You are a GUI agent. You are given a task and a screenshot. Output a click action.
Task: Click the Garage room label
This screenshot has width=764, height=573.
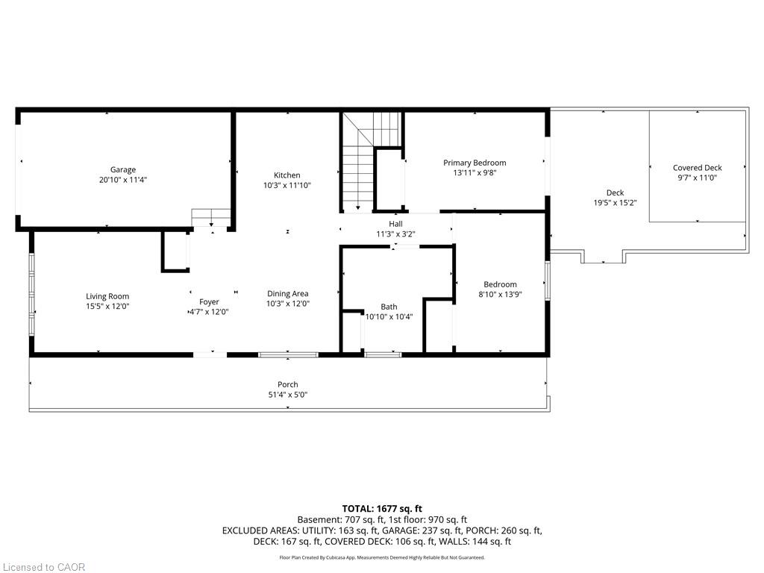(x=123, y=169)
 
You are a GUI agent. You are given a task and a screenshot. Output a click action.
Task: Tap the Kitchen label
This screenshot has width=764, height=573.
(x=287, y=175)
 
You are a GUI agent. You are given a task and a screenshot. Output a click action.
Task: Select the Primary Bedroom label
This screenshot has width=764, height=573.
(x=475, y=163)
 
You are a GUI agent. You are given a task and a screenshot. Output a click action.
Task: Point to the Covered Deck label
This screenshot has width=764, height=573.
(x=698, y=168)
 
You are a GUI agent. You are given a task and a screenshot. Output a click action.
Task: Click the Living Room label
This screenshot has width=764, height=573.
(x=107, y=296)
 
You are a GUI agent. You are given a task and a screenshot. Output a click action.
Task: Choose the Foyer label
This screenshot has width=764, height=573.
(x=209, y=302)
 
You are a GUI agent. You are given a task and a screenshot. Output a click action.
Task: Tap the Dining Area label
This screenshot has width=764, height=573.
(x=287, y=293)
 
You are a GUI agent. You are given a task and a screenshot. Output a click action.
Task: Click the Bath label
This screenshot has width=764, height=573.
(x=389, y=307)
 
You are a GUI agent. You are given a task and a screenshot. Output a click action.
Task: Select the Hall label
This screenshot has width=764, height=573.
(x=395, y=224)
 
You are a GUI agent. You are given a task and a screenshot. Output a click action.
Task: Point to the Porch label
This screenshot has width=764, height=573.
(x=288, y=384)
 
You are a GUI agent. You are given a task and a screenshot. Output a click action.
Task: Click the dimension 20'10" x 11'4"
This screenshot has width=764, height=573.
(x=123, y=180)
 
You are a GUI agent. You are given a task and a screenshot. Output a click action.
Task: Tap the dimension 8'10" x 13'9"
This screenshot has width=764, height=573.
(x=501, y=294)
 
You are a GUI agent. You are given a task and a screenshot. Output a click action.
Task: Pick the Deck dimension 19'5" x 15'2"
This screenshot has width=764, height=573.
(x=615, y=203)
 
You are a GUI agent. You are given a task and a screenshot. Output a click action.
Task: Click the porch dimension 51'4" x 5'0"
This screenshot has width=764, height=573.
(x=288, y=395)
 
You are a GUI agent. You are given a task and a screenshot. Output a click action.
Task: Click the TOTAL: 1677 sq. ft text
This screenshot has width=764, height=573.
(x=382, y=509)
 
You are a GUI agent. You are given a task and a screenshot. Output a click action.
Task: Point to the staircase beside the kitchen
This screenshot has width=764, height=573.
(x=372, y=161)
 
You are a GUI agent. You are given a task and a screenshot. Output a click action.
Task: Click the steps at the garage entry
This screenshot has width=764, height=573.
(x=210, y=217)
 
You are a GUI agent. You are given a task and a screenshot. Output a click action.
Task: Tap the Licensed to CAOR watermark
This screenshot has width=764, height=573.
(x=43, y=567)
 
